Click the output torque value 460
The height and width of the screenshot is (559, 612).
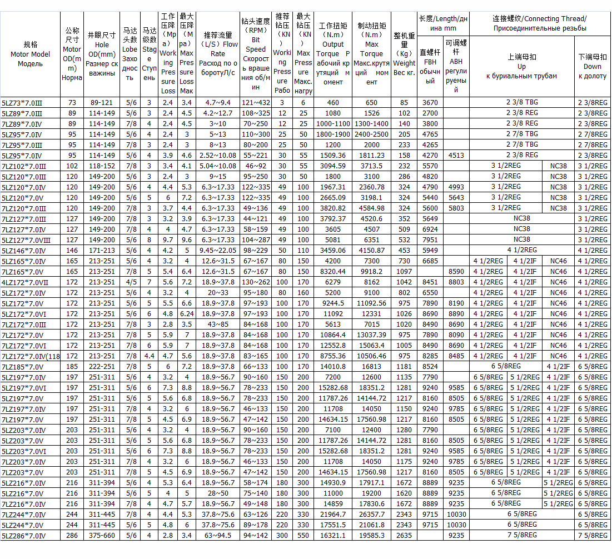pyautogui.click(x=333, y=102)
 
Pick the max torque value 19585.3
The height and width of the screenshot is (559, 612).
pyautogui.click(x=372, y=536)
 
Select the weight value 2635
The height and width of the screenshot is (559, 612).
pyautogui.click(x=404, y=536)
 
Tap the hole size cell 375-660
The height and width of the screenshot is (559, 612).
pyautogui.click(x=102, y=536)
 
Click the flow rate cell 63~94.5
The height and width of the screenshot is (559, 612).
pyautogui.click(x=217, y=536)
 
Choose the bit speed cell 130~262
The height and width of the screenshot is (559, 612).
pyautogui.click(x=256, y=282)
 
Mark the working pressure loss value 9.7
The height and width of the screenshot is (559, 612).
pyautogui.click(x=168, y=239)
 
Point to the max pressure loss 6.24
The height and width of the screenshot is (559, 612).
pyautogui.click(x=187, y=313)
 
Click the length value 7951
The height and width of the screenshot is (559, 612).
pyautogui.click(x=430, y=239)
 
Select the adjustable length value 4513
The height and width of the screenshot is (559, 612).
pyautogui.click(x=456, y=155)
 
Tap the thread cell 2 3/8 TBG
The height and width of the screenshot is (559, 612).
pyautogui.click(x=521, y=102)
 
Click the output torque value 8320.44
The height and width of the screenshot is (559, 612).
pyautogui.click(x=333, y=271)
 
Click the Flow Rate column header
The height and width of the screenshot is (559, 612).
pyautogui.click(x=217, y=53)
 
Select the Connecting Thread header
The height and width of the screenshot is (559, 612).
pyautogui.click(x=539, y=23)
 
